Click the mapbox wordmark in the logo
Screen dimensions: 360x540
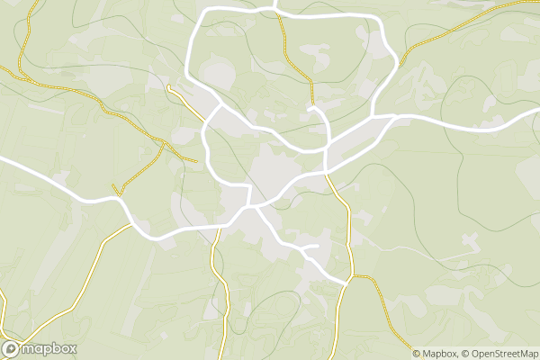[49, 349]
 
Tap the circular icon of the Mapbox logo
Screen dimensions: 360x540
[12, 349]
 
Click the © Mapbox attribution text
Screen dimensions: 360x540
[439, 354]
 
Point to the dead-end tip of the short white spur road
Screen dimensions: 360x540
[318, 245]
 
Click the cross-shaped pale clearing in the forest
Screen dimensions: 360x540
[470, 242]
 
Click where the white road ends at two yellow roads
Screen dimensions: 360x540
[346, 284]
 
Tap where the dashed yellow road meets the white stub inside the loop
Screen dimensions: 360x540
[311, 107]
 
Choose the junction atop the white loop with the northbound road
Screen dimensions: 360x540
[277, 11]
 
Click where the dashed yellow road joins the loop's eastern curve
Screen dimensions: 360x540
[397, 63]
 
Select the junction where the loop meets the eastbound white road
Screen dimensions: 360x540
[372, 117]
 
